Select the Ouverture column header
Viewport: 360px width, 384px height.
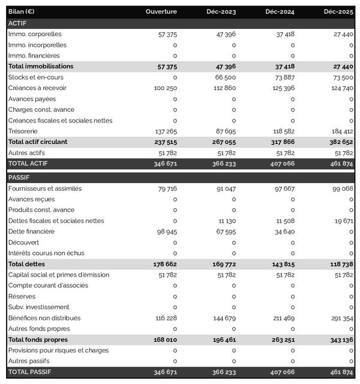coord(161,12)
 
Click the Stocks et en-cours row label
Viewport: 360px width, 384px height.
coord(36,77)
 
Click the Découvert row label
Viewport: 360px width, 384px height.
coord(25,242)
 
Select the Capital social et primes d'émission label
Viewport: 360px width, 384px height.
coord(59,275)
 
